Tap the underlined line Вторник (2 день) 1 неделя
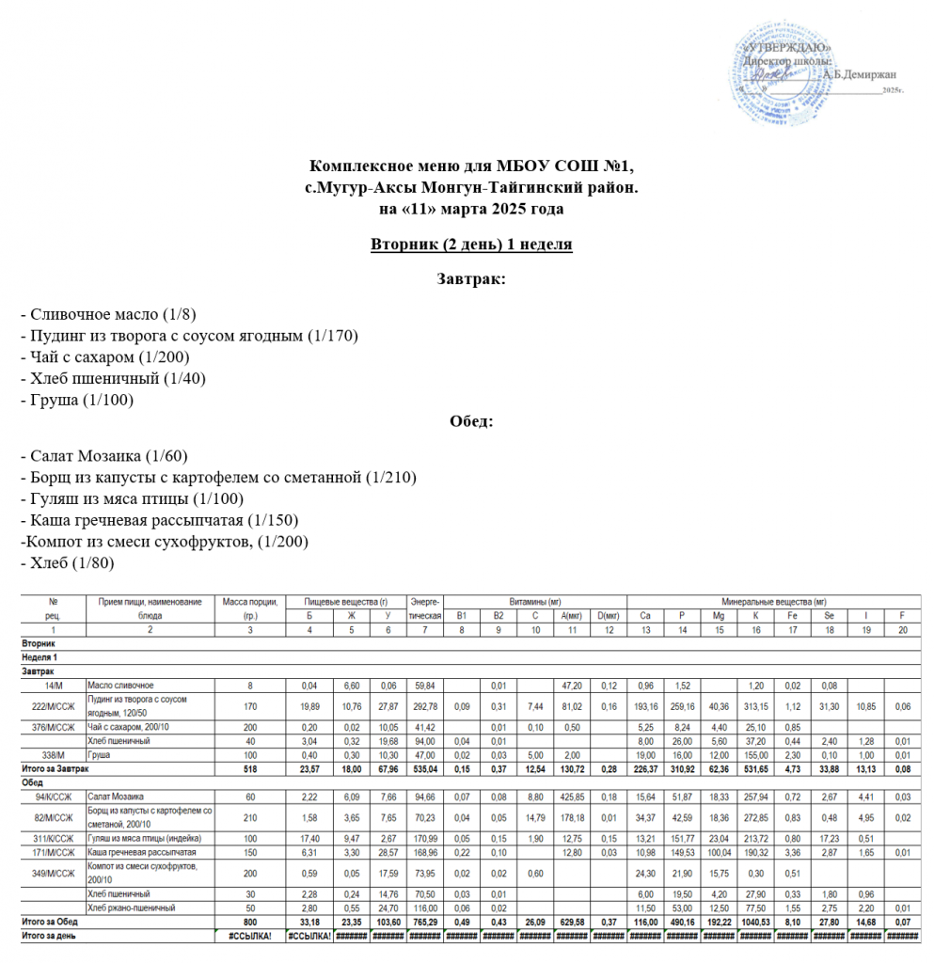point(471,245)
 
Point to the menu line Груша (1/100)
point(82,400)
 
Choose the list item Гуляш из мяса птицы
point(137,498)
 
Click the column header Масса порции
point(249,601)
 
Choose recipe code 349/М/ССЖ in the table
point(53,872)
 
